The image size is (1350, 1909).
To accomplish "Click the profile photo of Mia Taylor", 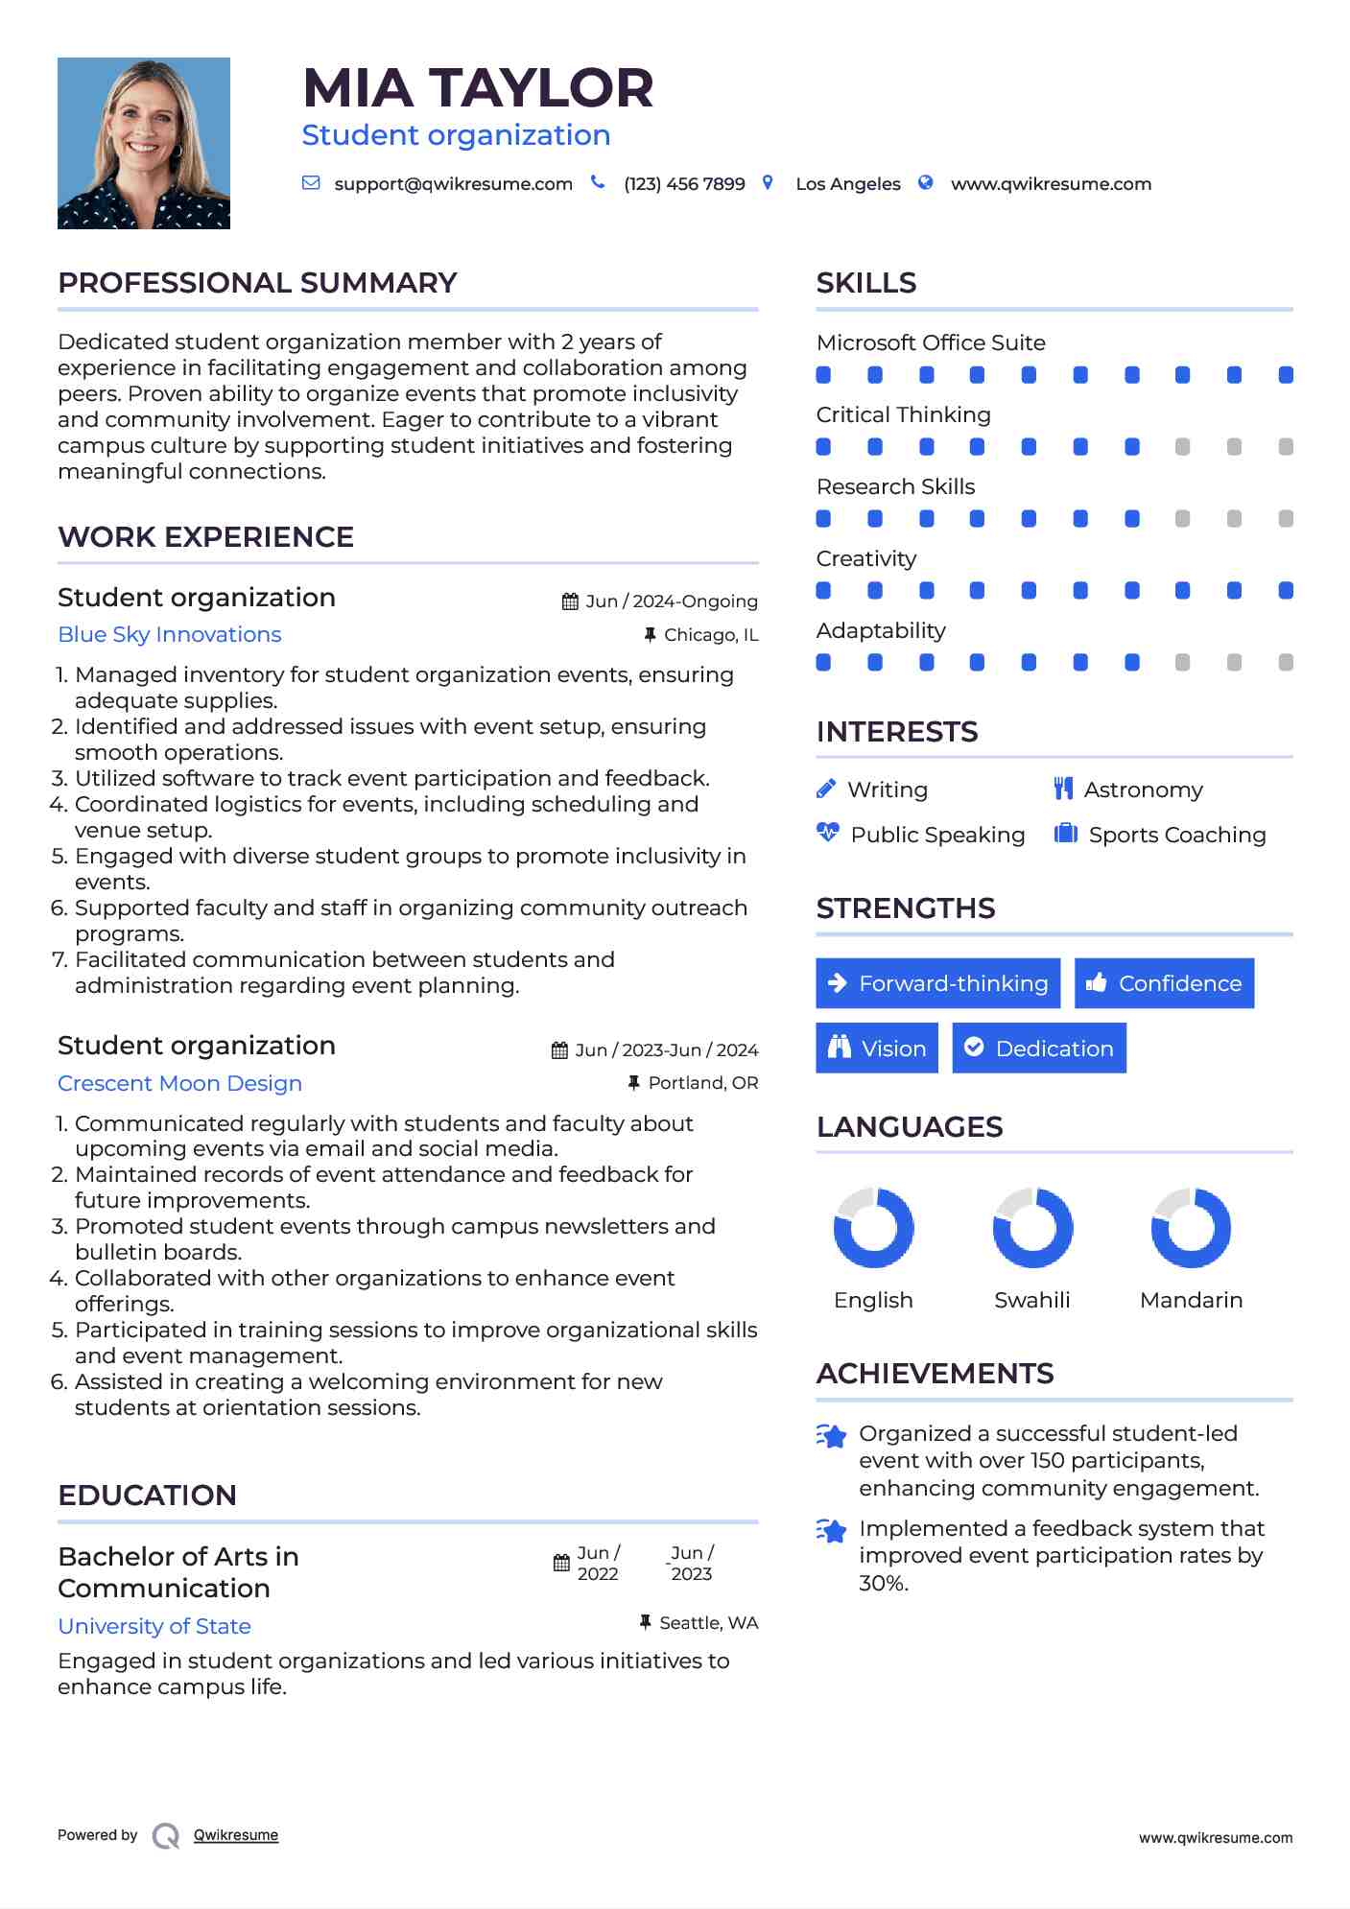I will (x=144, y=143).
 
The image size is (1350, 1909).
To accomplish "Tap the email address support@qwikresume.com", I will (x=453, y=184).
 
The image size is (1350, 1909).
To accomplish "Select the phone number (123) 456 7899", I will (x=684, y=184).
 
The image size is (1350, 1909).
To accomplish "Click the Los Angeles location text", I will (x=848, y=184).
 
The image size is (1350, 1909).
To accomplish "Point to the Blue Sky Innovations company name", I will (x=170, y=635).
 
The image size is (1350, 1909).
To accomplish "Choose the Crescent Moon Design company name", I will (x=179, y=1083).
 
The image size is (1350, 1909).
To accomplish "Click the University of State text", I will (x=154, y=1626).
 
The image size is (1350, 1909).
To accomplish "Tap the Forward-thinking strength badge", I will (x=937, y=983).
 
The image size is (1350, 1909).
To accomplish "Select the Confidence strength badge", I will (x=1164, y=983).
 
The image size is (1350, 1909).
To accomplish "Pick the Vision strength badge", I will (x=877, y=1049).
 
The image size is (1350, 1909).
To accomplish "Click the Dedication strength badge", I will (x=1039, y=1049).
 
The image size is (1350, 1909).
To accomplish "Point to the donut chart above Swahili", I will (x=1032, y=1228).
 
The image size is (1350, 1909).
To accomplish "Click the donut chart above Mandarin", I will (x=1191, y=1228).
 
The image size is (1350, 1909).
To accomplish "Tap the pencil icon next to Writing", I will (x=826, y=789).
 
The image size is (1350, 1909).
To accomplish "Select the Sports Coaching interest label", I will (x=1177, y=835).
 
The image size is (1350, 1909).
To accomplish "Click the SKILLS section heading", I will (x=866, y=283).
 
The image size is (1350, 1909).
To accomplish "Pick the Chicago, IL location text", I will (x=711, y=635).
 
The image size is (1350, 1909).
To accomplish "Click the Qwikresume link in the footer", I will (x=236, y=1835).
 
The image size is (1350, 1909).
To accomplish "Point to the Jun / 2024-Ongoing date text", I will (x=672, y=601).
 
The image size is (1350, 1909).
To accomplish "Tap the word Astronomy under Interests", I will (x=1143, y=790).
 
